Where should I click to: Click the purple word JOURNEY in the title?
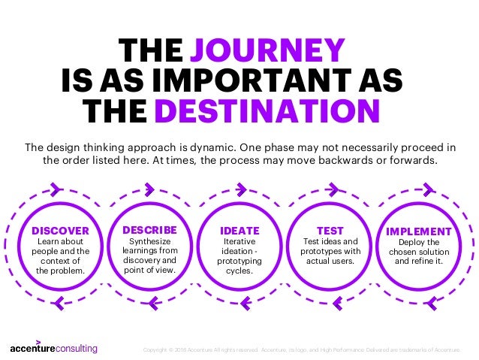pyautogui.click(x=267, y=50)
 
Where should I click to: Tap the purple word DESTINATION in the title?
pyautogui.click(x=266, y=112)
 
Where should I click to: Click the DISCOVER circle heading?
pyautogui.click(x=60, y=231)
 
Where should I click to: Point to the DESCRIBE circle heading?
pyautogui.click(x=149, y=229)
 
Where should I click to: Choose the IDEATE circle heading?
pyautogui.click(x=239, y=231)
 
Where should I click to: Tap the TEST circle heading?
pyautogui.click(x=330, y=231)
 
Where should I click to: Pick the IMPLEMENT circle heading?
pyautogui.click(x=419, y=231)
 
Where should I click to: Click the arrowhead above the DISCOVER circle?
pyautogui.click(x=56, y=189)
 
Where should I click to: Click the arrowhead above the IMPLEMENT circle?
pyautogui.click(x=425, y=189)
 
